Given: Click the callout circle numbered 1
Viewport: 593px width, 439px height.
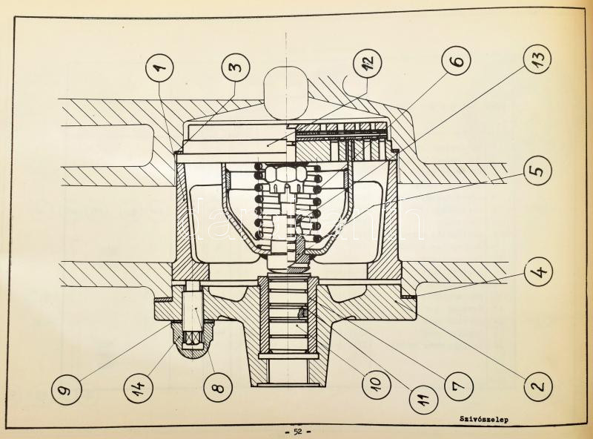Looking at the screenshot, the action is (x=159, y=68).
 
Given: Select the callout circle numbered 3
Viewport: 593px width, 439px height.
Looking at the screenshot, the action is (x=236, y=67).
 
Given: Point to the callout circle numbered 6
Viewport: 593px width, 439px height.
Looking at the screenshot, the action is (x=457, y=61).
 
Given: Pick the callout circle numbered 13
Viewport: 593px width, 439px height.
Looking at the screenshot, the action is (x=537, y=58).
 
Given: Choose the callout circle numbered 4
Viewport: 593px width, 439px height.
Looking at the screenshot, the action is (x=539, y=271).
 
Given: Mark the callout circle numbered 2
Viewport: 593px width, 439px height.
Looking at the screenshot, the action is (x=538, y=386).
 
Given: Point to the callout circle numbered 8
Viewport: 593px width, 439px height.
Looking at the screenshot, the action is (x=217, y=387).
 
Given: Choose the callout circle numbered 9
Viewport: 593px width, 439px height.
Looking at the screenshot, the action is (x=67, y=389).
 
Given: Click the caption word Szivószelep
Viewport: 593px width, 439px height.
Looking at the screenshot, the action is (x=484, y=419).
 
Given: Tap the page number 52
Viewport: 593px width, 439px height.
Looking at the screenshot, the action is (x=298, y=432).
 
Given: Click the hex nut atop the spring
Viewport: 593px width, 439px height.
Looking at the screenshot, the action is (x=286, y=174).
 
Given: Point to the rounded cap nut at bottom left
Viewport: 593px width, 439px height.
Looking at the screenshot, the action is (x=193, y=338).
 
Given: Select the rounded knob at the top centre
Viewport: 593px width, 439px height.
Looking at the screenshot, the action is (x=286, y=93).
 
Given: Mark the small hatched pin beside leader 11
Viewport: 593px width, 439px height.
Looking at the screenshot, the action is (x=303, y=312).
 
